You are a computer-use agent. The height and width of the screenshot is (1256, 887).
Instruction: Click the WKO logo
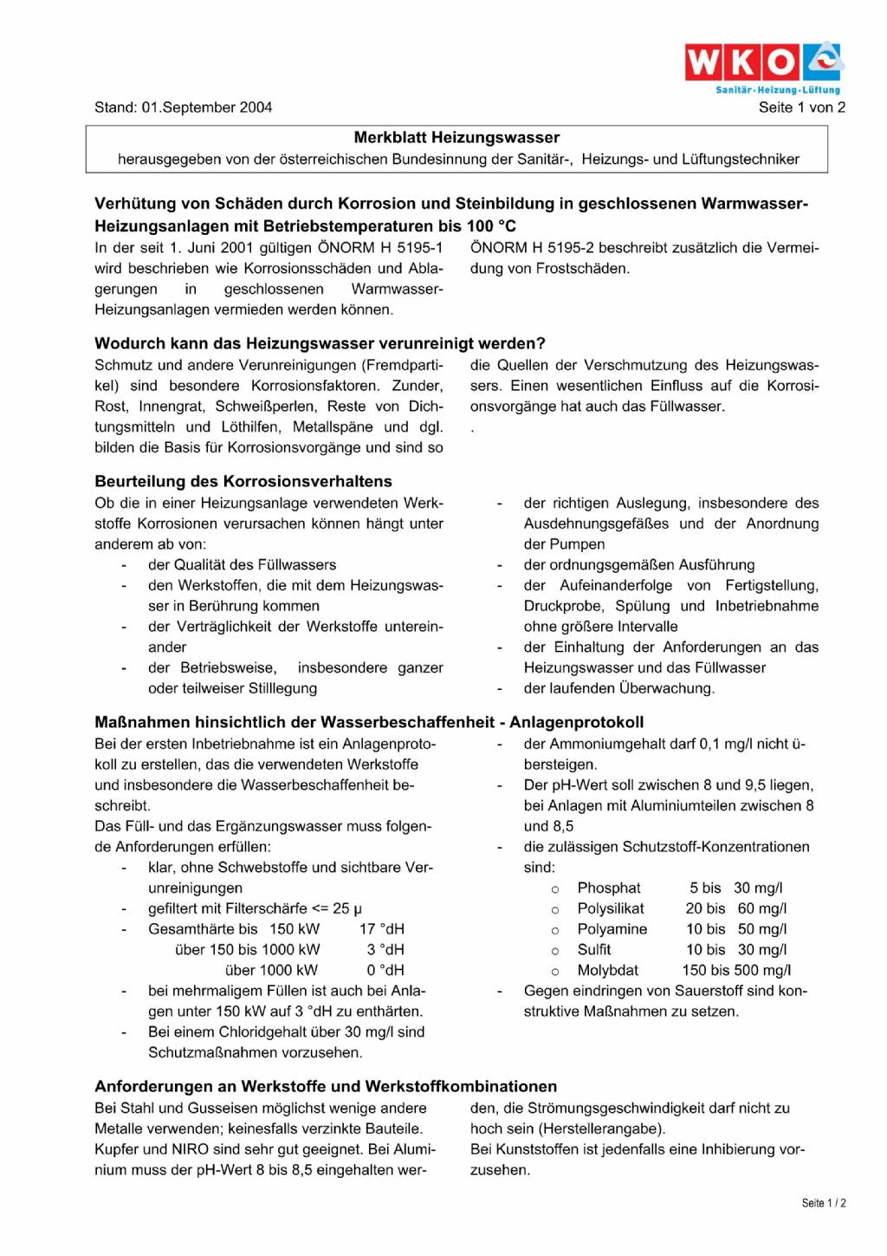coord(763,62)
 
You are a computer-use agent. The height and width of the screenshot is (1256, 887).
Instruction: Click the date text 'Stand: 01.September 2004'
coord(183,107)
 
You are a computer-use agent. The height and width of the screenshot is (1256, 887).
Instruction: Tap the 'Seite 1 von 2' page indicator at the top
coord(801,107)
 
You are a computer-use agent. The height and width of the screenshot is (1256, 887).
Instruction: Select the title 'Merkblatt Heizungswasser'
coord(456,138)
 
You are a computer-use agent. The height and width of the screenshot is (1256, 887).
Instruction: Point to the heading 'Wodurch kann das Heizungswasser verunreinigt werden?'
coord(320,343)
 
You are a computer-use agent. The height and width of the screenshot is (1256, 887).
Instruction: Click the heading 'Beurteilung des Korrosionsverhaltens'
coord(243,481)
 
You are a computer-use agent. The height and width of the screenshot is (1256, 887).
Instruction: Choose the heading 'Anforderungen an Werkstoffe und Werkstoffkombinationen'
coord(326,1086)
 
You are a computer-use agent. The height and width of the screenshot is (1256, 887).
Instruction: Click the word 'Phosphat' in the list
coord(609,888)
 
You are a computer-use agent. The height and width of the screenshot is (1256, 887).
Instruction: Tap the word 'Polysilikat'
coord(611,908)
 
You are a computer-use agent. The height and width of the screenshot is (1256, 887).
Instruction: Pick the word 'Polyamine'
coord(612,929)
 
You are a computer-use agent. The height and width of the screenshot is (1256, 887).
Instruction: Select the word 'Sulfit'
coord(594,950)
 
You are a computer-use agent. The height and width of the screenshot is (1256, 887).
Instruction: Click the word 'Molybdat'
coord(608,971)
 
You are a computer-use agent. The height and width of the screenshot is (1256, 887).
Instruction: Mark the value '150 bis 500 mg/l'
coord(736,971)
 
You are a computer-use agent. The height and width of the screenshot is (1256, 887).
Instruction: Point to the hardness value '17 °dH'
coord(382,929)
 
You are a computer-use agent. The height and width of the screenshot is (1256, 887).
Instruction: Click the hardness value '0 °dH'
coord(385,971)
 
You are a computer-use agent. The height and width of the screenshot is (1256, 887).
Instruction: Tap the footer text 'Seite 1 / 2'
coord(823,1203)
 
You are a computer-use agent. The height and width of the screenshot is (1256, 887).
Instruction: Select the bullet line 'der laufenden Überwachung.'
coord(618,688)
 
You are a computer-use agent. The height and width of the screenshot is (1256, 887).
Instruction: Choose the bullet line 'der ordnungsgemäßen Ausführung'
coord(638,565)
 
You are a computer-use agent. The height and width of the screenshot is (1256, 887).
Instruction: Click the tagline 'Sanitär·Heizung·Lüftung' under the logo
coord(777,90)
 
